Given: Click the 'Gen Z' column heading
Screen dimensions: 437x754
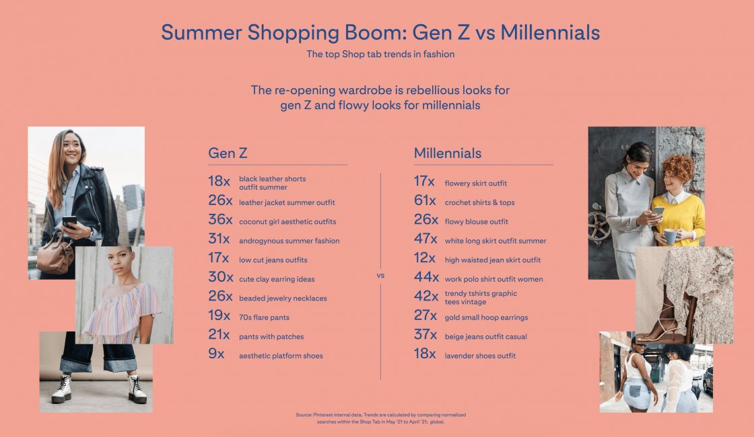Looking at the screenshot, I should click(228, 153).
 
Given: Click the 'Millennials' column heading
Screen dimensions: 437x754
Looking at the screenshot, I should click(448, 153).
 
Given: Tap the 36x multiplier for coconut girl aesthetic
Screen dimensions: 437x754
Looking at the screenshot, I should click(220, 221).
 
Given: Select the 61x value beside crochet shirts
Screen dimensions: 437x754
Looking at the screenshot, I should click(425, 202).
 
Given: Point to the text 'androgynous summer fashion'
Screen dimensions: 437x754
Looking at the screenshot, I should click(289, 241).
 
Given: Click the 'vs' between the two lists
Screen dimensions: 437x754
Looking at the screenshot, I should click(380, 276).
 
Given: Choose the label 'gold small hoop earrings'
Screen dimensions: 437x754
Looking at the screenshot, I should click(486, 317).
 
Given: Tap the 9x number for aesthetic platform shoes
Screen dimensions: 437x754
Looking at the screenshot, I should click(216, 355).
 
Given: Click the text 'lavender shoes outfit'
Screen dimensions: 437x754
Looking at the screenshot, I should click(480, 356).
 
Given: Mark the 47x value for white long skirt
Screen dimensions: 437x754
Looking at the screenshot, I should click(426, 240).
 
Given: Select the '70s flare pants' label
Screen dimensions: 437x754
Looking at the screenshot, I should click(264, 317).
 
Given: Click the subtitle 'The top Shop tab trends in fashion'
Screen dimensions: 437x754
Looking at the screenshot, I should click(380, 54).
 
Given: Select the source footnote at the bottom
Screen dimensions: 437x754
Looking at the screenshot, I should click(380, 418).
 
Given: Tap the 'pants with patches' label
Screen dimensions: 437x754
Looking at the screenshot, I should click(271, 337).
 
